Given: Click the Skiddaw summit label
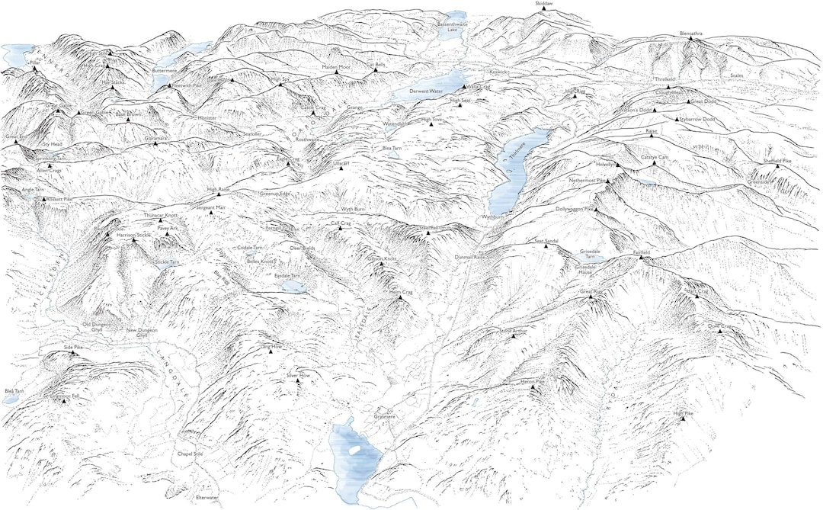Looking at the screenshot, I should (544, 4).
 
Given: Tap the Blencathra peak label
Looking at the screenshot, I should (690, 34).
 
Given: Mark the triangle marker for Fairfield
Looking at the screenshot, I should (641, 258).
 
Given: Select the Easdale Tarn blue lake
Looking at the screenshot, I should (293, 287).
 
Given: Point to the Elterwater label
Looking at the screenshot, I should (207, 498).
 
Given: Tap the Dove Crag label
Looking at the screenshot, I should (719, 326).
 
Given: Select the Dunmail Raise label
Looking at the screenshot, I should (469, 258).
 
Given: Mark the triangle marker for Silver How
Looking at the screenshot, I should (298, 382).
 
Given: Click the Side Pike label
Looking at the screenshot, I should (73, 347).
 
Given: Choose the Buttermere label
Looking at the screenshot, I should (164, 70).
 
